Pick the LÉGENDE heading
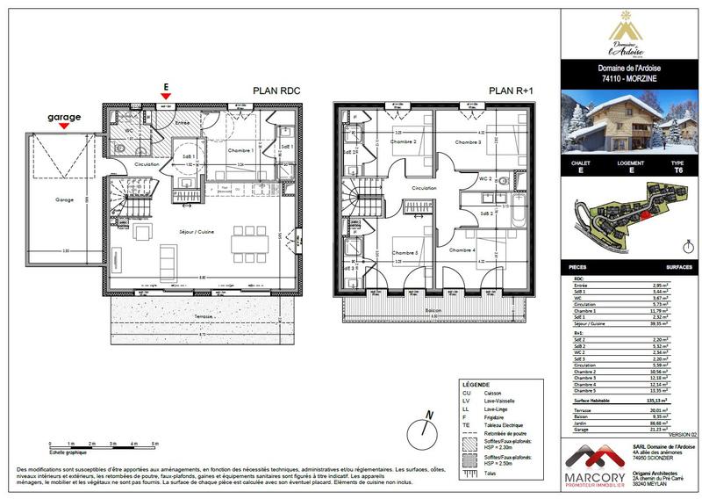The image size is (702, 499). click(x=477, y=384)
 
